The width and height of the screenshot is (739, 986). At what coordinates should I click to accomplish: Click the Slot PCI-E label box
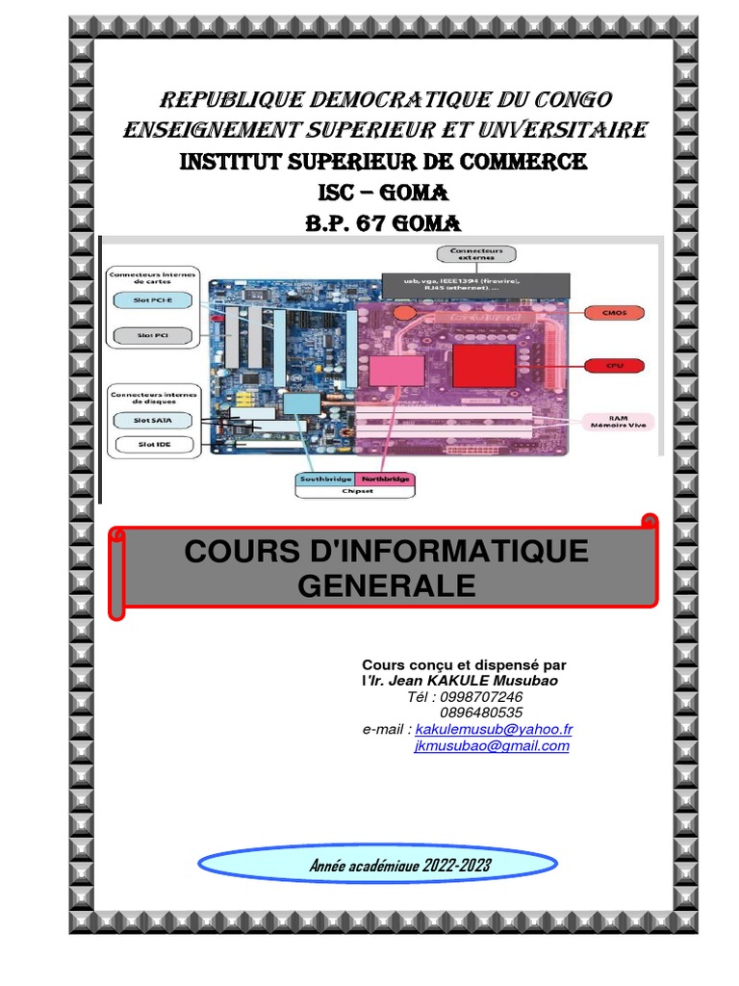tap(154, 300)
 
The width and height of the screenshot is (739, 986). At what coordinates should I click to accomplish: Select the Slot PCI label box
tap(154, 336)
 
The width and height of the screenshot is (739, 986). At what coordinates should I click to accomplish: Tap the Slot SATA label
tap(154, 421)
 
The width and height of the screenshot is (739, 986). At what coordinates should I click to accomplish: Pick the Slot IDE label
tap(154, 445)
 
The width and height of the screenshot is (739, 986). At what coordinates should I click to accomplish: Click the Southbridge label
tap(324, 478)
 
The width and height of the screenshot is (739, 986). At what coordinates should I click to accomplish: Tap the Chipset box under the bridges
tap(354, 490)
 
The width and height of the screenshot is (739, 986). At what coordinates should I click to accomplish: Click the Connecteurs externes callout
tap(475, 255)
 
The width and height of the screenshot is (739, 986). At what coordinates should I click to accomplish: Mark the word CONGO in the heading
tap(568, 100)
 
